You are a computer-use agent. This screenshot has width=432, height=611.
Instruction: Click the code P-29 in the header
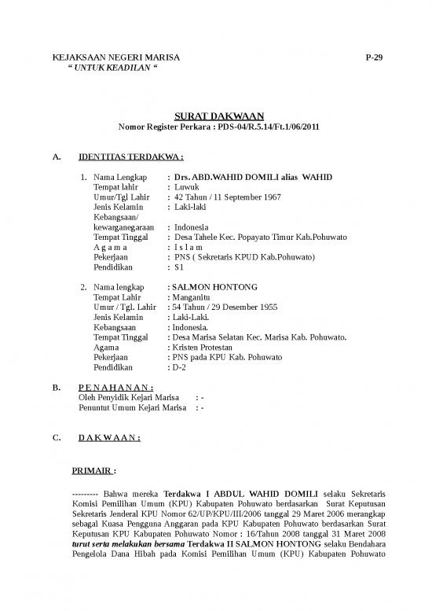374,59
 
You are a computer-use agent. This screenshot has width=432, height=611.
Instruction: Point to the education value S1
179,267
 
